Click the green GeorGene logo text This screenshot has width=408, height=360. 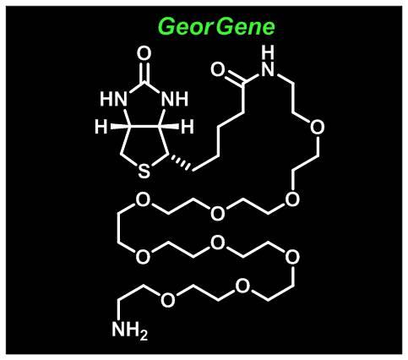click(216, 27)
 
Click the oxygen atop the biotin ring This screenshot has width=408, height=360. click(144, 54)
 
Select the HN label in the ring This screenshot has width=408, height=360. click(113, 99)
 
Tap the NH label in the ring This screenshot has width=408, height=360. click(175, 99)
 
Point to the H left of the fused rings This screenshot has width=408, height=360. click(101, 127)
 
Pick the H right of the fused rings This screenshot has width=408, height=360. click(188, 127)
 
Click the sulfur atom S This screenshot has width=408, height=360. click(144, 172)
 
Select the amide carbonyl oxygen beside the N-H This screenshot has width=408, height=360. click(218, 70)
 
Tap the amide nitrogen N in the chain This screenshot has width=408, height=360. click(268, 69)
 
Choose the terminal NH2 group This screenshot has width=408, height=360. click(129, 330)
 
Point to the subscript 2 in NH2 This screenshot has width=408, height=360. click(143, 335)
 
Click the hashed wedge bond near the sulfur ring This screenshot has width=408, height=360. click(181, 162)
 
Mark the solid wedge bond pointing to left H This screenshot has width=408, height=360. click(119, 127)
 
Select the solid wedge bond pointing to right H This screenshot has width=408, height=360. click(169, 127)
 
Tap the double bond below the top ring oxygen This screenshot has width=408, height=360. click(144, 72)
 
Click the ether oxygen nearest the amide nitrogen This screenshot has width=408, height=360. click(317, 127)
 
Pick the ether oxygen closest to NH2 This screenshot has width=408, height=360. click(167, 299)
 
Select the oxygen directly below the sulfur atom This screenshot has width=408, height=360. click(144, 199)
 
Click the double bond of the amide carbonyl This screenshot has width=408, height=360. click(234, 78)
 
